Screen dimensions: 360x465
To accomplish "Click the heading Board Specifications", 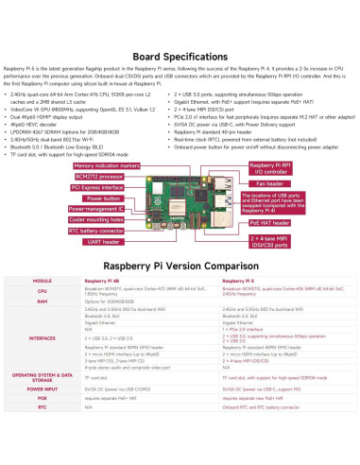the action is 180,55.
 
